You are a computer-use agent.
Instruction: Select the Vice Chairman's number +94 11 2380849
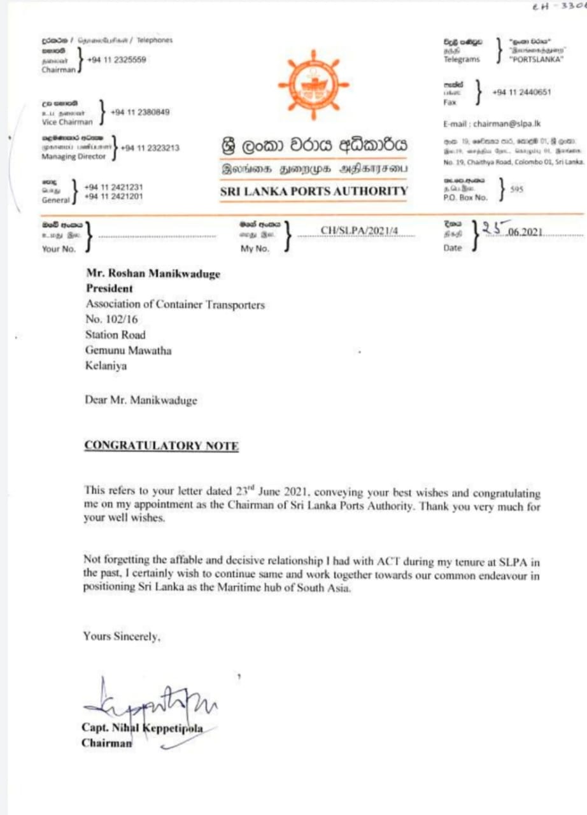pyautogui.click(x=140, y=112)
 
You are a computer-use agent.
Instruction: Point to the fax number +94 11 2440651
pyautogui.click(x=521, y=92)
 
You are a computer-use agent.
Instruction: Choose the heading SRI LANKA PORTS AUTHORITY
pyautogui.click(x=314, y=191)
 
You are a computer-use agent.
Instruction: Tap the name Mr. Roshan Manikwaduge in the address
pyautogui.click(x=153, y=274)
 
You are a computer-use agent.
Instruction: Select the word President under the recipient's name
pyautogui.click(x=110, y=288)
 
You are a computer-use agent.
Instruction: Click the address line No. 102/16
pyautogui.click(x=110, y=320)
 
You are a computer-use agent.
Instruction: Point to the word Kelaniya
pyautogui.click(x=106, y=365)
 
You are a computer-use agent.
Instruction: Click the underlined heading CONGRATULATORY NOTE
pyautogui.click(x=161, y=446)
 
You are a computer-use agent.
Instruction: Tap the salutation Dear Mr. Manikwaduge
pyautogui.click(x=141, y=400)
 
